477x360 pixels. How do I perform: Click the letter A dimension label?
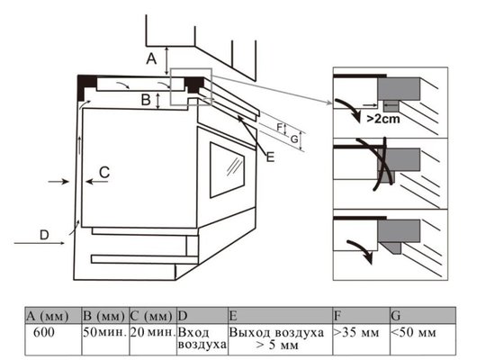point(151,58)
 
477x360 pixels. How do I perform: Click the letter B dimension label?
point(146,100)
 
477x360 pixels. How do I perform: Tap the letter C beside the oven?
point(104,173)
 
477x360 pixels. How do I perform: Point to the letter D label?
point(44,235)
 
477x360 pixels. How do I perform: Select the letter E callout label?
point(270,157)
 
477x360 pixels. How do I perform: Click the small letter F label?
point(280,127)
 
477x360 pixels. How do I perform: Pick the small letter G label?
point(294,139)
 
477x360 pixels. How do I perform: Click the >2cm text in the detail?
point(383,119)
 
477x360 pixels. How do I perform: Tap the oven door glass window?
point(227,170)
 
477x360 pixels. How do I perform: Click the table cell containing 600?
point(53,339)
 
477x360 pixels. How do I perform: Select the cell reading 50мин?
point(105,339)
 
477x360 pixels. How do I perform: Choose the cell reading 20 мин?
point(153,339)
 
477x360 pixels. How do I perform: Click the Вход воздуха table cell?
point(202,339)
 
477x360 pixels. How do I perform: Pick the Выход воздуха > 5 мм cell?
point(280,339)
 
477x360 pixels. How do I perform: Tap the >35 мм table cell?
point(361,339)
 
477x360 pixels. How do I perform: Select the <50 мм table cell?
point(423,339)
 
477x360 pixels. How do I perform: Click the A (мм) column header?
point(53,316)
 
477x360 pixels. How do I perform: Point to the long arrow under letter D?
point(40,243)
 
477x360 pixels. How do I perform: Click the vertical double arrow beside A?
point(166,61)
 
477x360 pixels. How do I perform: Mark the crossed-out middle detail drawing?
point(391,174)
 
